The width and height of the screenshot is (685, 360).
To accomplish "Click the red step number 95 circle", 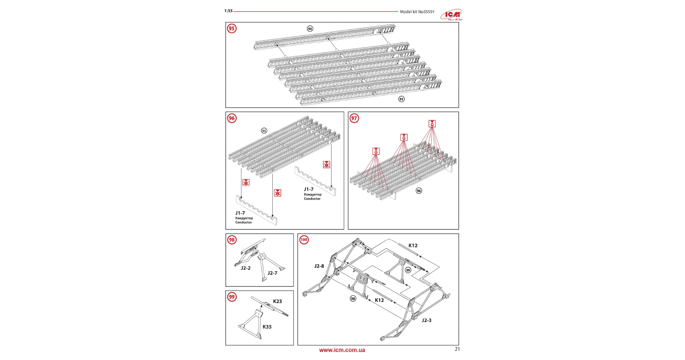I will [232, 29].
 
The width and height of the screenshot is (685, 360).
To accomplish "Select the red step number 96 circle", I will [232, 118].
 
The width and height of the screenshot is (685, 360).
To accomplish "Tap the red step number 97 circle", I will [354, 118].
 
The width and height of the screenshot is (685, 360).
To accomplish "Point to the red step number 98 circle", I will [232, 240].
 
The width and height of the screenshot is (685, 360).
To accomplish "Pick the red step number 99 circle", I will [232, 297].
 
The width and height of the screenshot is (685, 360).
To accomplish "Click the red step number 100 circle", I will [304, 240].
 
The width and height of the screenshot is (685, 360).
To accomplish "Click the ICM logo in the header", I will [452, 15].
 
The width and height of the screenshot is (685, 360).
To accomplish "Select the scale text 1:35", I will [228, 11].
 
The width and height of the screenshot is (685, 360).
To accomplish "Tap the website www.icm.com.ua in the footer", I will [342, 350].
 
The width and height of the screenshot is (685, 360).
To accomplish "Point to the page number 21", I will [457, 349].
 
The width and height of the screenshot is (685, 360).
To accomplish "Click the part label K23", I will [277, 301].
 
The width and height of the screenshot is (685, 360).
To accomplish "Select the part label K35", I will [267, 327].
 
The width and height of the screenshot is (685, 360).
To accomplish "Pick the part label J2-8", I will [319, 266].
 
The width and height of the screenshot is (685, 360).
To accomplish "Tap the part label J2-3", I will [427, 320].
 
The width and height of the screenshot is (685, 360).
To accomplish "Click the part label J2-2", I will [246, 268].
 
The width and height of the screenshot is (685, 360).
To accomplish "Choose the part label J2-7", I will [273, 273].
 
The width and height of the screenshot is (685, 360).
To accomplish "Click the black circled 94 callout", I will [310, 29].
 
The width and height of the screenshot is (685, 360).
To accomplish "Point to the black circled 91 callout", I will [401, 99].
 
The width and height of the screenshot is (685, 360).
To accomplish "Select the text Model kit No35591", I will [417, 12].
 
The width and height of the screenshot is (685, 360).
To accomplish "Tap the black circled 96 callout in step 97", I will [419, 191].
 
